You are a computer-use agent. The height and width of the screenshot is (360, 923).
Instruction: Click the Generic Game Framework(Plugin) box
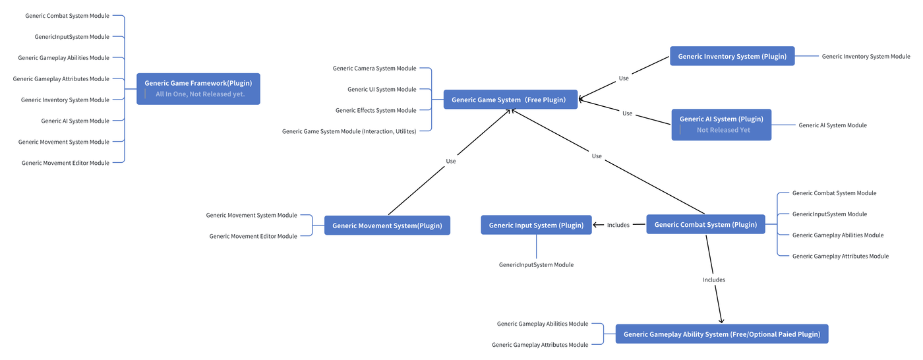coord(198,88)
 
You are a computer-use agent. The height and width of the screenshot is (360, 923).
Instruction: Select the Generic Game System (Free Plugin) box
coord(510,100)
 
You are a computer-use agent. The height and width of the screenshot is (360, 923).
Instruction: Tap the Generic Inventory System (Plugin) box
coord(732,56)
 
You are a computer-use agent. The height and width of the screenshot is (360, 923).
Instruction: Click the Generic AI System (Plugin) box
coord(721,125)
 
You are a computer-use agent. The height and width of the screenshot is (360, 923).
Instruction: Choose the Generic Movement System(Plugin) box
coord(387,225)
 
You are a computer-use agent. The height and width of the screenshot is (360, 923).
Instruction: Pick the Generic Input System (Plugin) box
coord(536,225)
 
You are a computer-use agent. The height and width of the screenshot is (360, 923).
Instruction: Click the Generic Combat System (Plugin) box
coord(705,224)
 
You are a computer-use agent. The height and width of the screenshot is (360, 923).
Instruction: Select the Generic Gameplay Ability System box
coord(722,334)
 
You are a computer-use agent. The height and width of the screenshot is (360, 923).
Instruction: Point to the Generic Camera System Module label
coord(374,68)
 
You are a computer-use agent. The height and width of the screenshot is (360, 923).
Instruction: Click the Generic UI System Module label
coord(382,89)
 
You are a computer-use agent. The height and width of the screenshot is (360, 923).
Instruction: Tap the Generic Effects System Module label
coord(376,110)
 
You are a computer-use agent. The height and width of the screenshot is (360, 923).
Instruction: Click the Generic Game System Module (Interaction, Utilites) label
coord(349,131)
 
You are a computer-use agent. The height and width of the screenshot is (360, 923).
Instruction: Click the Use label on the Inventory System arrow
coord(624,78)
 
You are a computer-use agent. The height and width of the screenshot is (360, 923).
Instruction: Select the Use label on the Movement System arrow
coord(451,161)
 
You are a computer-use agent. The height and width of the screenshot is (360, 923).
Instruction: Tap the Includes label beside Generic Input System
coord(618,225)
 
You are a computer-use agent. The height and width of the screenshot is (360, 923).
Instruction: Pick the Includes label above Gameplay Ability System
coord(713,280)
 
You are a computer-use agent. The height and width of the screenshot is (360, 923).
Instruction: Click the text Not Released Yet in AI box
coord(723,130)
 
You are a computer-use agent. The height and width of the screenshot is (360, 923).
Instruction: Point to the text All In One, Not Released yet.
coord(200,94)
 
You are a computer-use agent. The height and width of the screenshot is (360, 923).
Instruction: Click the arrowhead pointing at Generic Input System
coord(595,225)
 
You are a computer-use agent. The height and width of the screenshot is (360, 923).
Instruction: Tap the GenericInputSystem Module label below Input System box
coord(536,264)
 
